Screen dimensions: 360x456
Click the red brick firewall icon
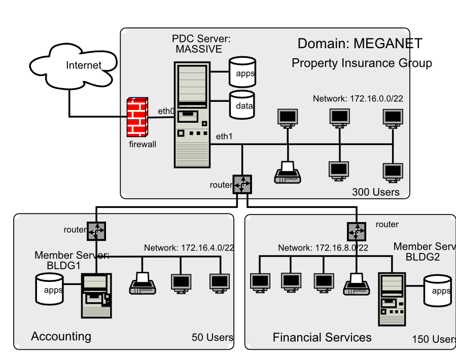(137, 117)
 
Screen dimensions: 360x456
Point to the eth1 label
(224, 136)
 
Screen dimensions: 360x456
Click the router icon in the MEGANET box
(243, 184)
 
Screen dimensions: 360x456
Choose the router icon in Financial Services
(356, 231)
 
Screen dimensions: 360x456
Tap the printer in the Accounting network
(143, 283)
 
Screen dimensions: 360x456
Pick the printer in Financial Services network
(356, 284)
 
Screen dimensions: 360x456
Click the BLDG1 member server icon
(96, 295)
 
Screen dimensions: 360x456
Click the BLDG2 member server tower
(392, 299)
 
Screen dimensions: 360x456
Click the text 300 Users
(375, 192)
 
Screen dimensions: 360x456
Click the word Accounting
(61, 336)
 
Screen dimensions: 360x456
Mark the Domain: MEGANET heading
(360, 44)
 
